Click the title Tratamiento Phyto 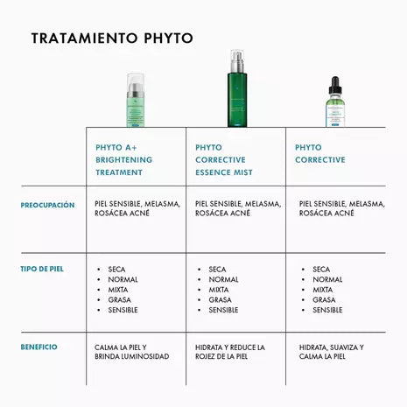pyautogui.click(x=112, y=39)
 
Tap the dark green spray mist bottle pyautogui.click(x=237, y=88)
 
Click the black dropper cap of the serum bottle pyautogui.click(x=335, y=85)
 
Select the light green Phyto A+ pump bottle pyautogui.click(x=136, y=100)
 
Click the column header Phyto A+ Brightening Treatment pyautogui.click(x=124, y=160)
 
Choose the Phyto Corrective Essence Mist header pyautogui.click(x=224, y=160)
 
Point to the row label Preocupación pyautogui.click(x=47, y=205)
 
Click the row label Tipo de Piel pyautogui.click(x=42, y=269)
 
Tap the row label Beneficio pyautogui.click(x=39, y=347)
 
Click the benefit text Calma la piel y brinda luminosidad pyautogui.click(x=132, y=352)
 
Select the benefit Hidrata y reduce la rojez pyautogui.click(x=230, y=352)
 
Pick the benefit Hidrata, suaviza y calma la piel pyautogui.click(x=332, y=352)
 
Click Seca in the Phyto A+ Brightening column pyautogui.click(x=116, y=270)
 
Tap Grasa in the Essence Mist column pyautogui.click(x=220, y=300)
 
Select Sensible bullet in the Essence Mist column pyautogui.click(x=223, y=310)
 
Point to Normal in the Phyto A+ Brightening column pyautogui.click(x=123, y=279)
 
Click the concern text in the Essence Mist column pyautogui.click(x=238, y=208)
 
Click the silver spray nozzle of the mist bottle pyautogui.click(x=237, y=62)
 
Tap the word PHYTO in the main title pyautogui.click(x=169, y=39)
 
